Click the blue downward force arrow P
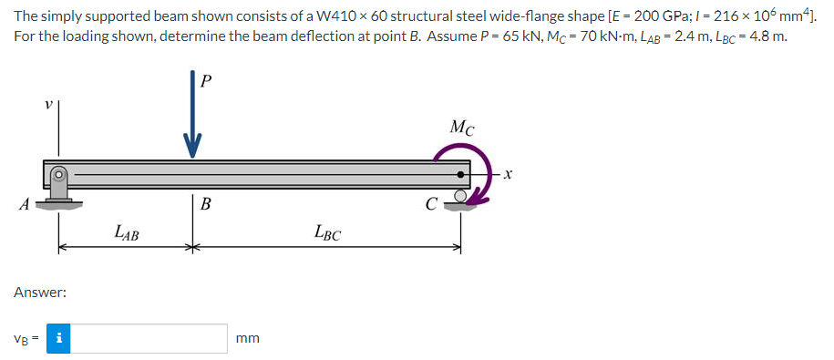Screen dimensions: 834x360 pos(192,114)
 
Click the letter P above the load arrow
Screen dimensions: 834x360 pos(207,80)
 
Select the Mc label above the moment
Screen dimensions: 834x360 pos(462,128)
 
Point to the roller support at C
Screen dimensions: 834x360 pos(461,201)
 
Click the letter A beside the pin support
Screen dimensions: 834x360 pos(24,204)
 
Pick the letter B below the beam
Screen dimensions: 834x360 pos(205,203)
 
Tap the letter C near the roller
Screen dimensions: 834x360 pos(432,203)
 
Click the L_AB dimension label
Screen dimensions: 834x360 pos(127,232)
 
